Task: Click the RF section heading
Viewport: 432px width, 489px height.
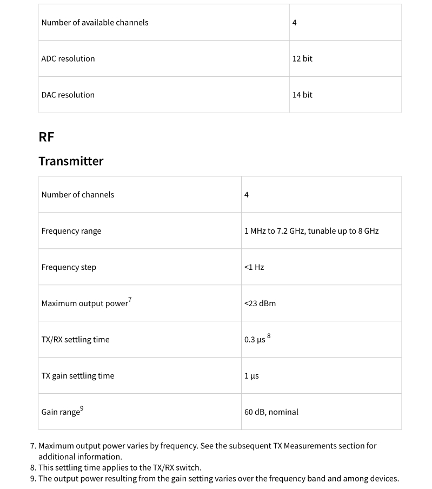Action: click(46, 137)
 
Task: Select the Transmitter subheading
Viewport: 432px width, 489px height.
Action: click(71, 161)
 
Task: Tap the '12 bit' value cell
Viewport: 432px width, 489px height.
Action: click(302, 58)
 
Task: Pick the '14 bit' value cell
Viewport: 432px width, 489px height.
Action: click(302, 95)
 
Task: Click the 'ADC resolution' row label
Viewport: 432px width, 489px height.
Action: click(68, 58)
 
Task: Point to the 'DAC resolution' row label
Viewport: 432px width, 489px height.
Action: click(68, 95)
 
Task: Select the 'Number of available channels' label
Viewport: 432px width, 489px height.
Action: click(95, 22)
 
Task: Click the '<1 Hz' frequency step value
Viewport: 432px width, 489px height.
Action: click(254, 267)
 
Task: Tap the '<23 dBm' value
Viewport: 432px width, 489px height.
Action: click(260, 303)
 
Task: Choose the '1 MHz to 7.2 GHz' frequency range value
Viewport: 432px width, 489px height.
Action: click(311, 231)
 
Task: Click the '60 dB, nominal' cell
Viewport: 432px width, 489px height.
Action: click(271, 412)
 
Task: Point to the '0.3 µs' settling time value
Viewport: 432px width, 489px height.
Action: click(255, 340)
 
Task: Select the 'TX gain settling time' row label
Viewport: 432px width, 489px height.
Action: click(78, 376)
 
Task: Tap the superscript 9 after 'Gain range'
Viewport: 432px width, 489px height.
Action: click(82, 408)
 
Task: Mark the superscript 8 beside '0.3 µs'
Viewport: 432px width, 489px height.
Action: click(269, 336)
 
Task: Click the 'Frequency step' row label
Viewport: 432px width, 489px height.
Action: click(69, 267)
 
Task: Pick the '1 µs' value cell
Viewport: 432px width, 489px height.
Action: click(251, 376)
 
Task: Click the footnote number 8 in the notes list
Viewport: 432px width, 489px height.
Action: click(33, 467)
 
